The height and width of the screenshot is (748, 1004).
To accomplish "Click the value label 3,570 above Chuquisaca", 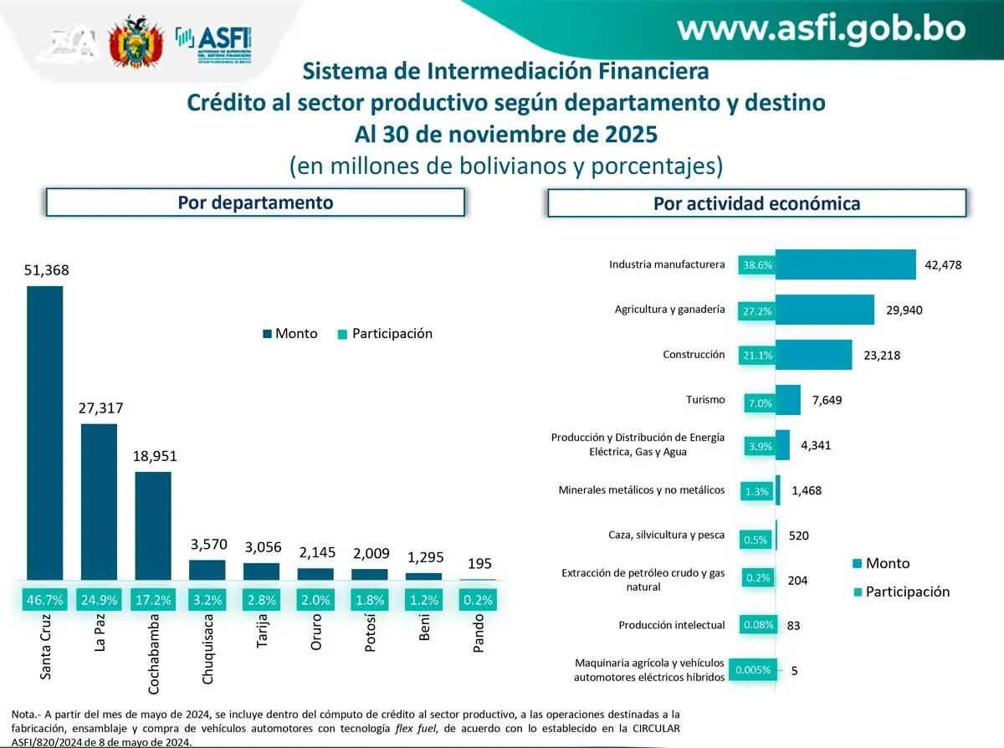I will tap(207, 545).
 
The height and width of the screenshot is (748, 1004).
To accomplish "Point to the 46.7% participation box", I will tap(45, 599).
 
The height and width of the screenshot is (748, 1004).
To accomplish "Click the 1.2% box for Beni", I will tap(423, 599).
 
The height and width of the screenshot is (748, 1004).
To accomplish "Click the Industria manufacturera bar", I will tap(845, 264).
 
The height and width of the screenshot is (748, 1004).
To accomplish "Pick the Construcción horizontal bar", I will tap(813, 355).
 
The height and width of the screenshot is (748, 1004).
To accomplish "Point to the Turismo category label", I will tap(704, 400).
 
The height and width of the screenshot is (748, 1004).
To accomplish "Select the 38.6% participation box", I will tap(756, 265).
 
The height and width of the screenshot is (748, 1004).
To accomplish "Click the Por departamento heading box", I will tap(255, 202).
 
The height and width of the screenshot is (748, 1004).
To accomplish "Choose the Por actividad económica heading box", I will tap(756, 203).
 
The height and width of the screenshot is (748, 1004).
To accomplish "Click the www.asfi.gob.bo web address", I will tap(821, 29).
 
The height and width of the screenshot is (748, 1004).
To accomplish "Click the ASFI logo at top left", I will tap(214, 39).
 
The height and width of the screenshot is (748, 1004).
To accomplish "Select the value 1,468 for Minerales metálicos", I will tap(806, 491).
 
